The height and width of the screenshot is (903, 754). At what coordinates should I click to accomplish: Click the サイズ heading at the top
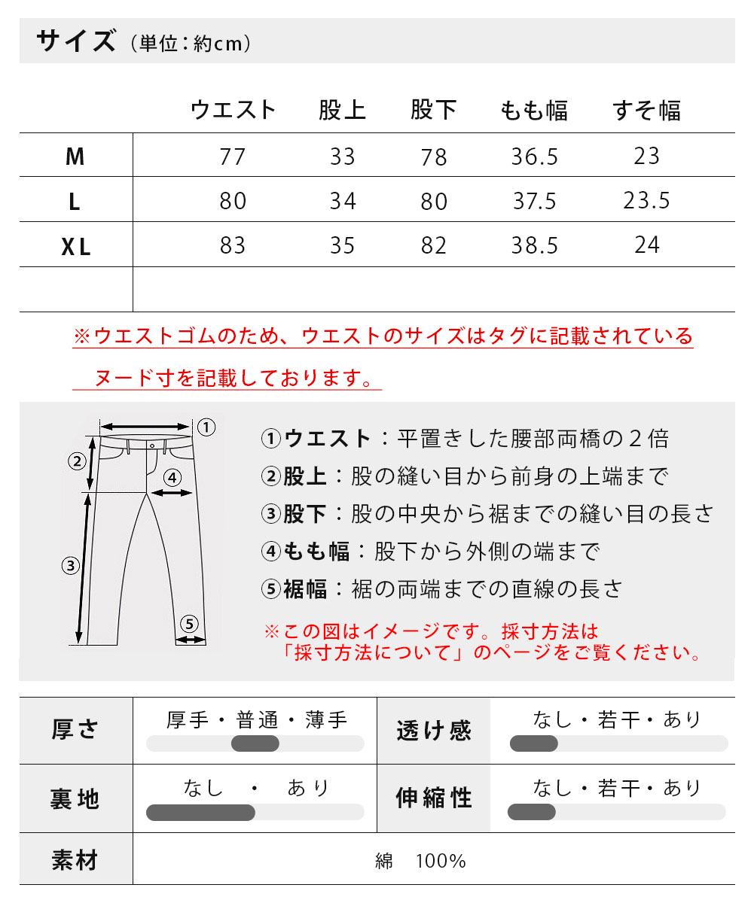76,41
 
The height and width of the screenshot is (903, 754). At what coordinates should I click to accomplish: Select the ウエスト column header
234,111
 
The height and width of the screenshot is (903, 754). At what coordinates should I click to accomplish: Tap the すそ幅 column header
647,111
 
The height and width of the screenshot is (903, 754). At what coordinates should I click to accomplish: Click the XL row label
75,246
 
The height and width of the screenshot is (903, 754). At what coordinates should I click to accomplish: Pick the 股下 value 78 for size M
434,157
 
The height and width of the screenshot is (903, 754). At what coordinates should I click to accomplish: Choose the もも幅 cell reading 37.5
534,201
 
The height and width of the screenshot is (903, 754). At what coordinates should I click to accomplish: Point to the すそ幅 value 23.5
646,201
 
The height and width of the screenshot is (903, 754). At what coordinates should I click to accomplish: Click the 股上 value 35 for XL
343,246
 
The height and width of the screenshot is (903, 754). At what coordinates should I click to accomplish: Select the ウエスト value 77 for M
233,157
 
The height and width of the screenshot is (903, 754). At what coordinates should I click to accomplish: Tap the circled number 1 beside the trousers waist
206,428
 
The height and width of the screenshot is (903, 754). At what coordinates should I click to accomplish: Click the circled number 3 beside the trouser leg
70,566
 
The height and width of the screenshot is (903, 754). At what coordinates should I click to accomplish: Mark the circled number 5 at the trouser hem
189,623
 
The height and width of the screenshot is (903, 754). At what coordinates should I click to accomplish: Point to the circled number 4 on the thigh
172,477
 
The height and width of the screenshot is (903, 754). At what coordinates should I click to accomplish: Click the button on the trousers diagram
152,445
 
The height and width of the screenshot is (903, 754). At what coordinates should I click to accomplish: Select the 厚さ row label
75,729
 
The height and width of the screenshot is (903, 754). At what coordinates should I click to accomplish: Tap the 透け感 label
434,730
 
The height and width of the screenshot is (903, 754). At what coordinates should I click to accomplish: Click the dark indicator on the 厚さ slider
255,744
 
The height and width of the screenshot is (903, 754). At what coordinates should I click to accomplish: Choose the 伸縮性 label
434,798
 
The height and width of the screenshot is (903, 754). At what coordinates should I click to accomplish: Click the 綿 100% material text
421,861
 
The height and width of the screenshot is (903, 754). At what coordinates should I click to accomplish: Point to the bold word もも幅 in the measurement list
316,552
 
